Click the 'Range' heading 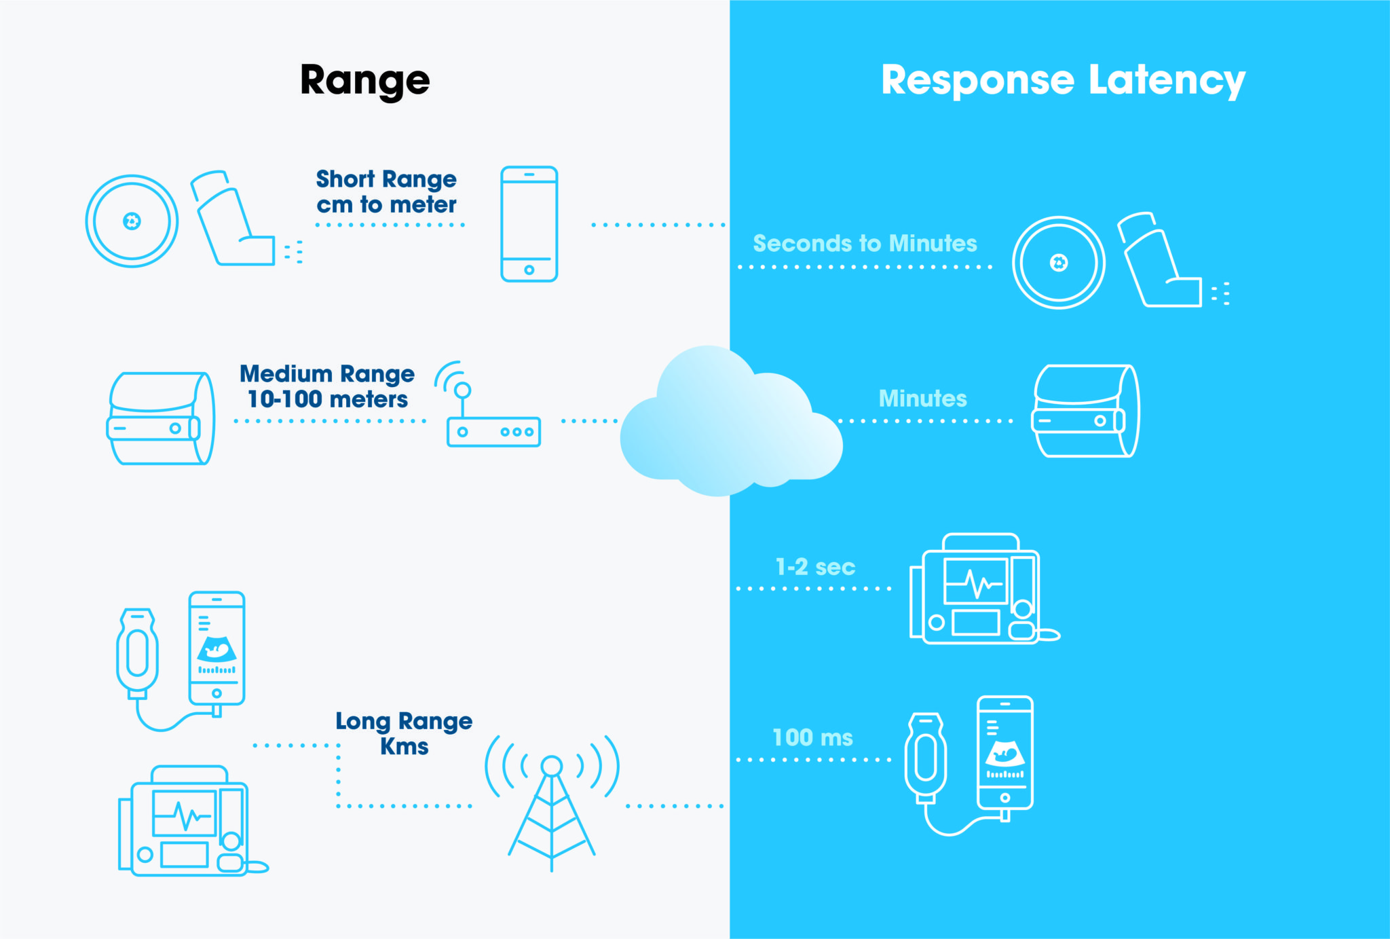(364, 81)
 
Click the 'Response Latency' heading (1062, 81)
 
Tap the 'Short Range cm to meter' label (386, 191)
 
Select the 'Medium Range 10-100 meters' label (327, 386)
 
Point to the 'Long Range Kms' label (404, 733)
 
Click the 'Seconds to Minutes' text (865, 243)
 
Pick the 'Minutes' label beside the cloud (922, 398)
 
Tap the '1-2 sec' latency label (815, 566)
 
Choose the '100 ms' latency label (812, 737)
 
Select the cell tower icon (552, 801)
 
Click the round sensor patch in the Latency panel (1058, 263)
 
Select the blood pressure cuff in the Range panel (161, 418)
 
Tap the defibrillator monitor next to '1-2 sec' (977, 591)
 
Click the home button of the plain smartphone (529, 270)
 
